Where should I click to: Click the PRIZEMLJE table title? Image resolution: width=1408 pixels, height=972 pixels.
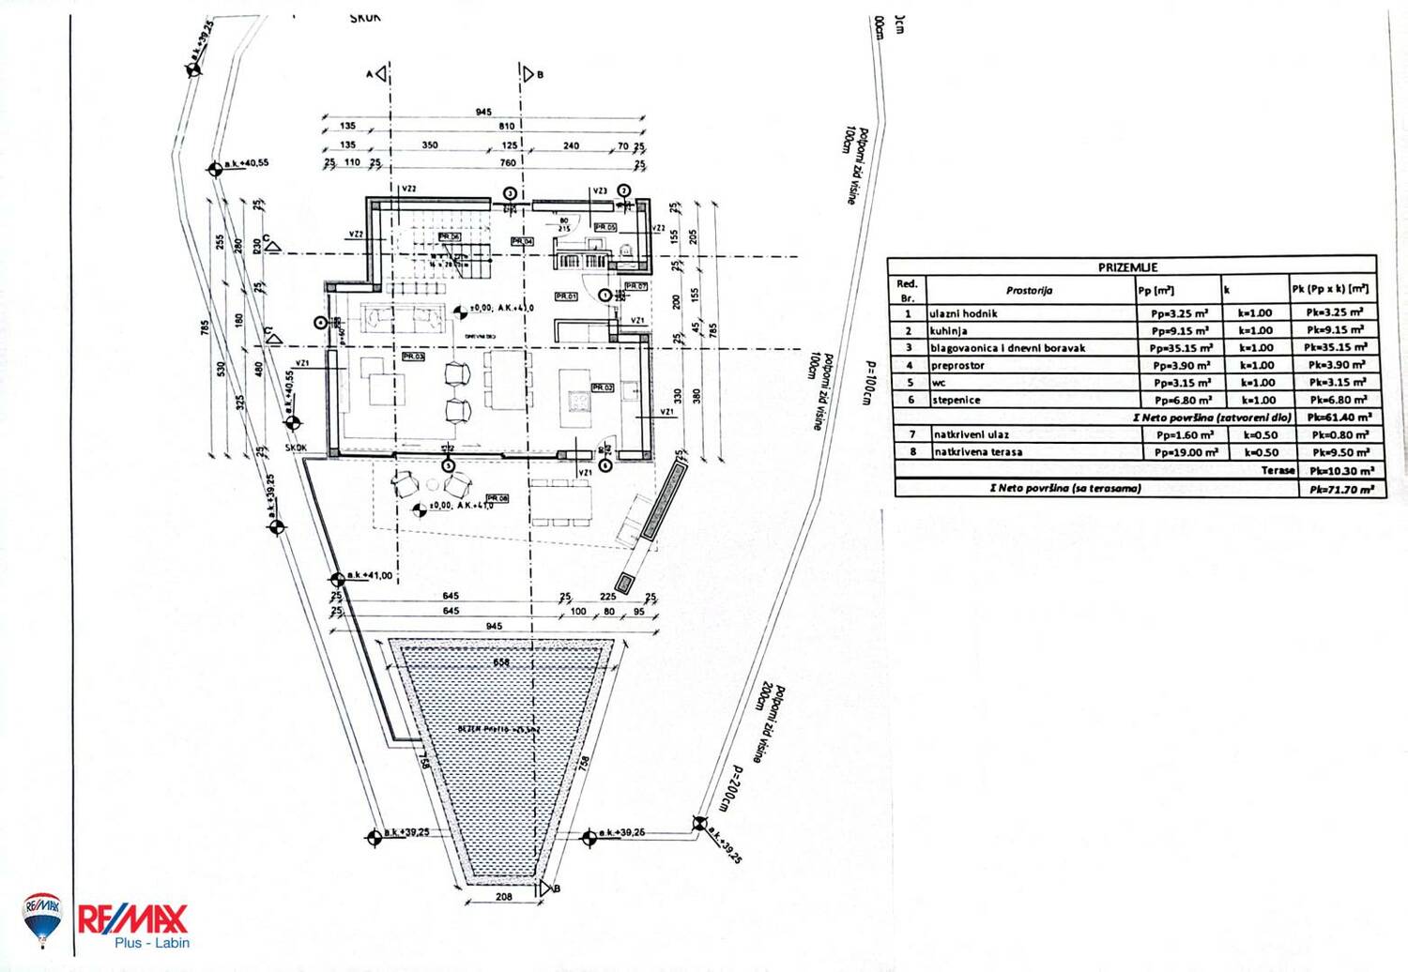point(1127,267)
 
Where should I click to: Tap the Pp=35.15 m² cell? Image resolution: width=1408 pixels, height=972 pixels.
point(1180,348)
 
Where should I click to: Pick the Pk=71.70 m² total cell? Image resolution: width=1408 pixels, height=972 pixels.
point(1341,490)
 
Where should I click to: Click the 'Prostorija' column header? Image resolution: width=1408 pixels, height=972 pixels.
point(1029,291)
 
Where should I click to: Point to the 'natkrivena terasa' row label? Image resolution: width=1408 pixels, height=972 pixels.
point(978,452)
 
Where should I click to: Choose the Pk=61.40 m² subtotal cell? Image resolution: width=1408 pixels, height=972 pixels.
point(1339,418)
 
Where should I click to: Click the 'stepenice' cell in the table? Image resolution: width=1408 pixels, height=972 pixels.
point(956,401)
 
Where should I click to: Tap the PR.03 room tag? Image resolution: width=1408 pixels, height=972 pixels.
point(413,357)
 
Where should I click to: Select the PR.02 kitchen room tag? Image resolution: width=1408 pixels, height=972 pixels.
point(603,387)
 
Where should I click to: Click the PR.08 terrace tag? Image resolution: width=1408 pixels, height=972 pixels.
point(497,498)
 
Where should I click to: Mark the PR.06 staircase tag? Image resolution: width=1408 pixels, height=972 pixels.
point(450,237)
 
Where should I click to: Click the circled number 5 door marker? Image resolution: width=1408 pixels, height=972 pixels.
point(448,465)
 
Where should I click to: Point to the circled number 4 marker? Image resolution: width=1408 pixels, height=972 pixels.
point(321,323)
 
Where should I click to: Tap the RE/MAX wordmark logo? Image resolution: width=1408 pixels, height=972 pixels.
point(132,919)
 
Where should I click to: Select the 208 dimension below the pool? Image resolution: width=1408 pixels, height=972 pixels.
point(504,897)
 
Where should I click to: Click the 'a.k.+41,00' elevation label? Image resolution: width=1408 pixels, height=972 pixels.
point(370,575)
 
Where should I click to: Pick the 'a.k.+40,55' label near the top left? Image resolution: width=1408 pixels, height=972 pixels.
point(246,163)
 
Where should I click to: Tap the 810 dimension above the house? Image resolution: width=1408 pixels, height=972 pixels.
point(507,126)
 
